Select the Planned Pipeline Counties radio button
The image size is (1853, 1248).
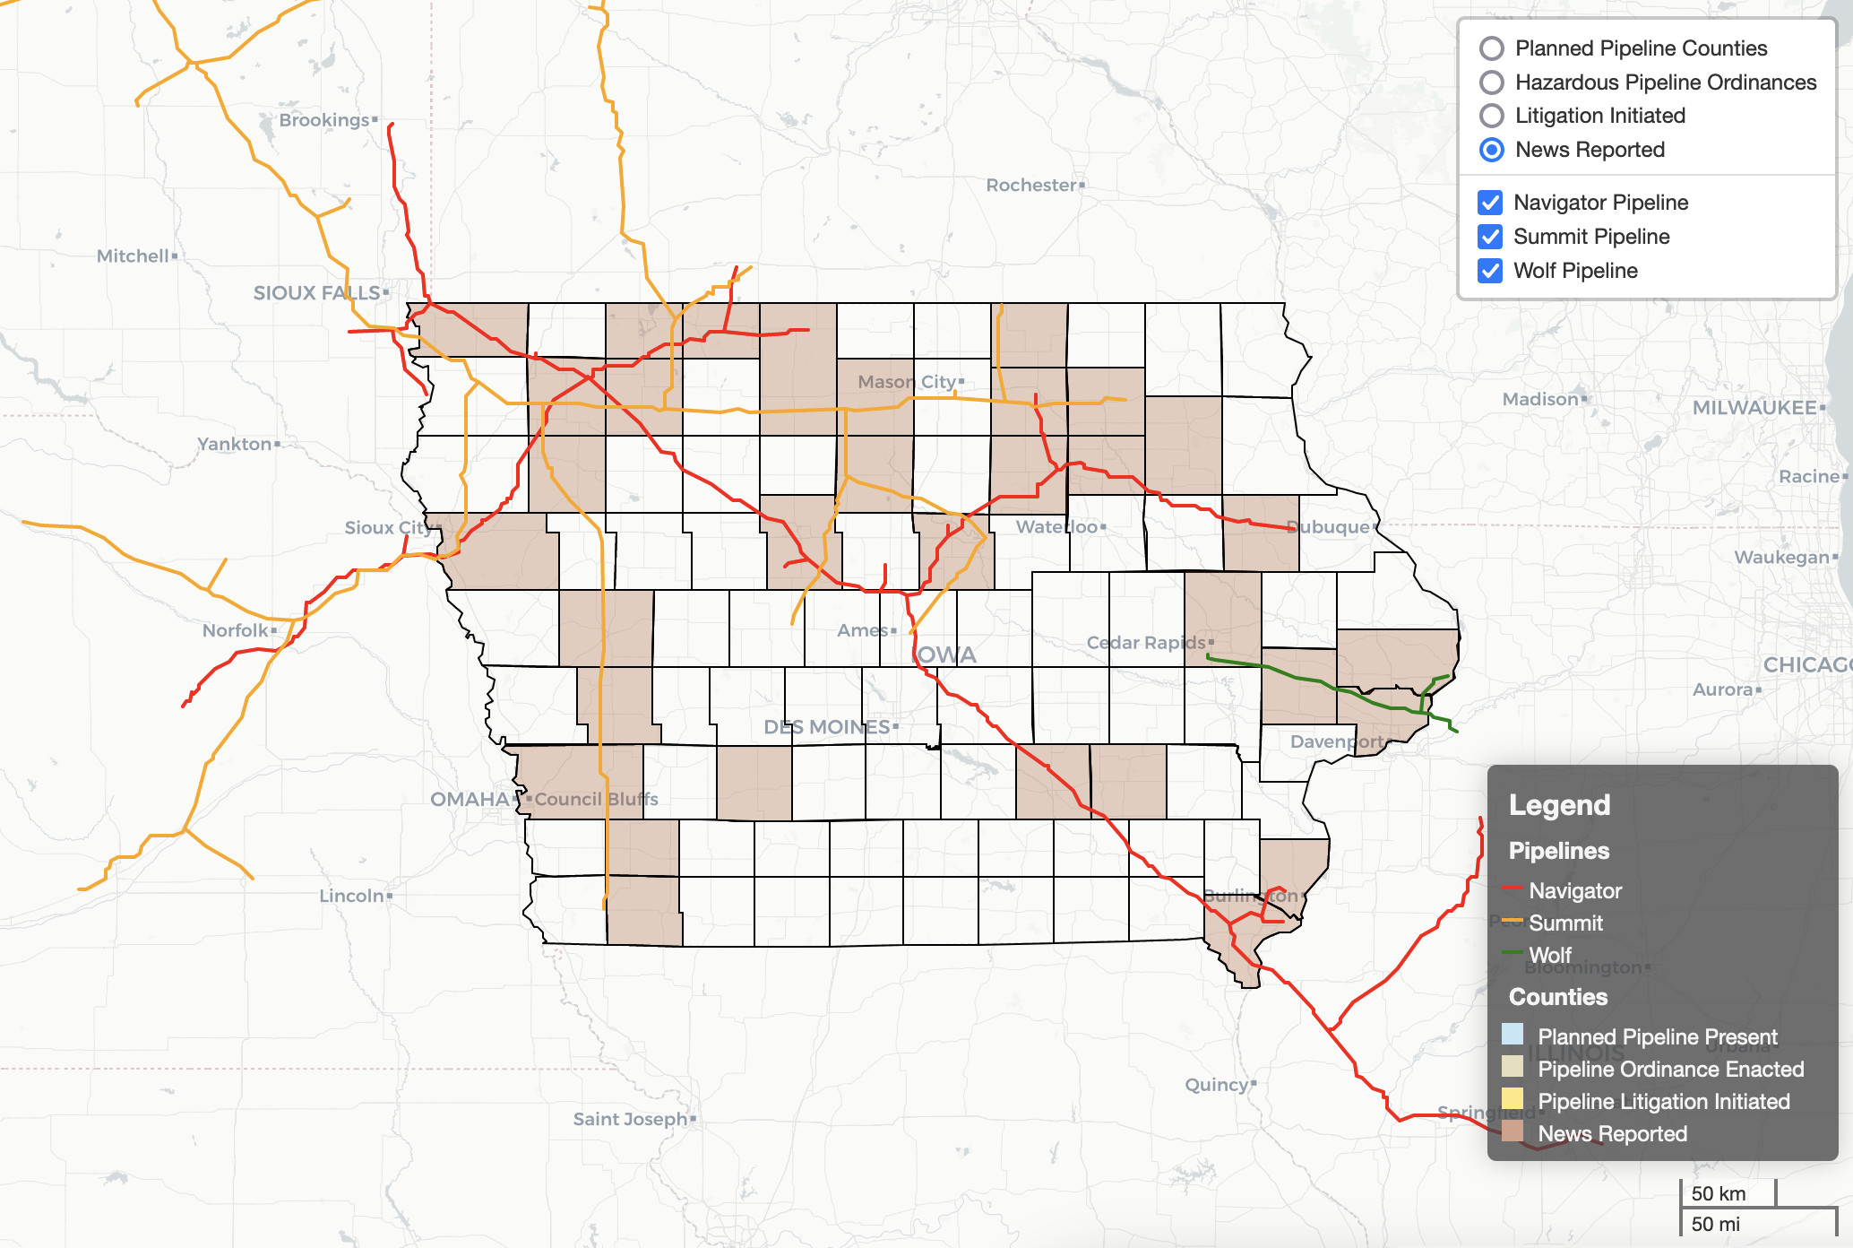pyautogui.click(x=1492, y=48)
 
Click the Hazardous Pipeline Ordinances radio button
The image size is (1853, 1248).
pyautogui.click(x=1492, y=82)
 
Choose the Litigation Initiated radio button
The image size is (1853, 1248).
pyautogui.click(x=1492, y=116)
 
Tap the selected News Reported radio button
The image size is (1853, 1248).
pyautogui.click(x=1492, y=150)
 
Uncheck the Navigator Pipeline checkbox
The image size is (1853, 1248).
pyautogui.click(x=1490, y=203)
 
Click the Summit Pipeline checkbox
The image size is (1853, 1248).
pyautogui.click(x=1490, y=237)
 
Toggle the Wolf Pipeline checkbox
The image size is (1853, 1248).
pyautogui.click(x=1490, y=271)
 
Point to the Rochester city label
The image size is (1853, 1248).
pyautogui.click(x=1031, y=186)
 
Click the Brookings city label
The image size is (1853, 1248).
pyautogui.click(x=324, y=120)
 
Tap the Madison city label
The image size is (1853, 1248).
pyautogui.click(x=1540, y=399)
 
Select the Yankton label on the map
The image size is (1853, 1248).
pyautogui.click(x=235, y=444)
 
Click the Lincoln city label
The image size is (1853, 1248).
pyautogui.click(x=352, y=896)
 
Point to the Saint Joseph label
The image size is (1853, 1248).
pyautogui.click(x=631, y=1119)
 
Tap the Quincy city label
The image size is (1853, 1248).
pyautogui.click(x=1217, y=1085)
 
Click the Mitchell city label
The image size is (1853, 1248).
pyautogui.click(x=134, y=256)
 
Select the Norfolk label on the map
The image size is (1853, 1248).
pyautogui.click(x=236, y=630)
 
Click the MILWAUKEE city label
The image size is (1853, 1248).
pyautogui.click(x=1754, y=408)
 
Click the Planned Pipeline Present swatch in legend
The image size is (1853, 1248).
pyautogui.click(x=1513, y=1035)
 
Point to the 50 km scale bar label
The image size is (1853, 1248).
pyautogui.click(x=1718, y=1193)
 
